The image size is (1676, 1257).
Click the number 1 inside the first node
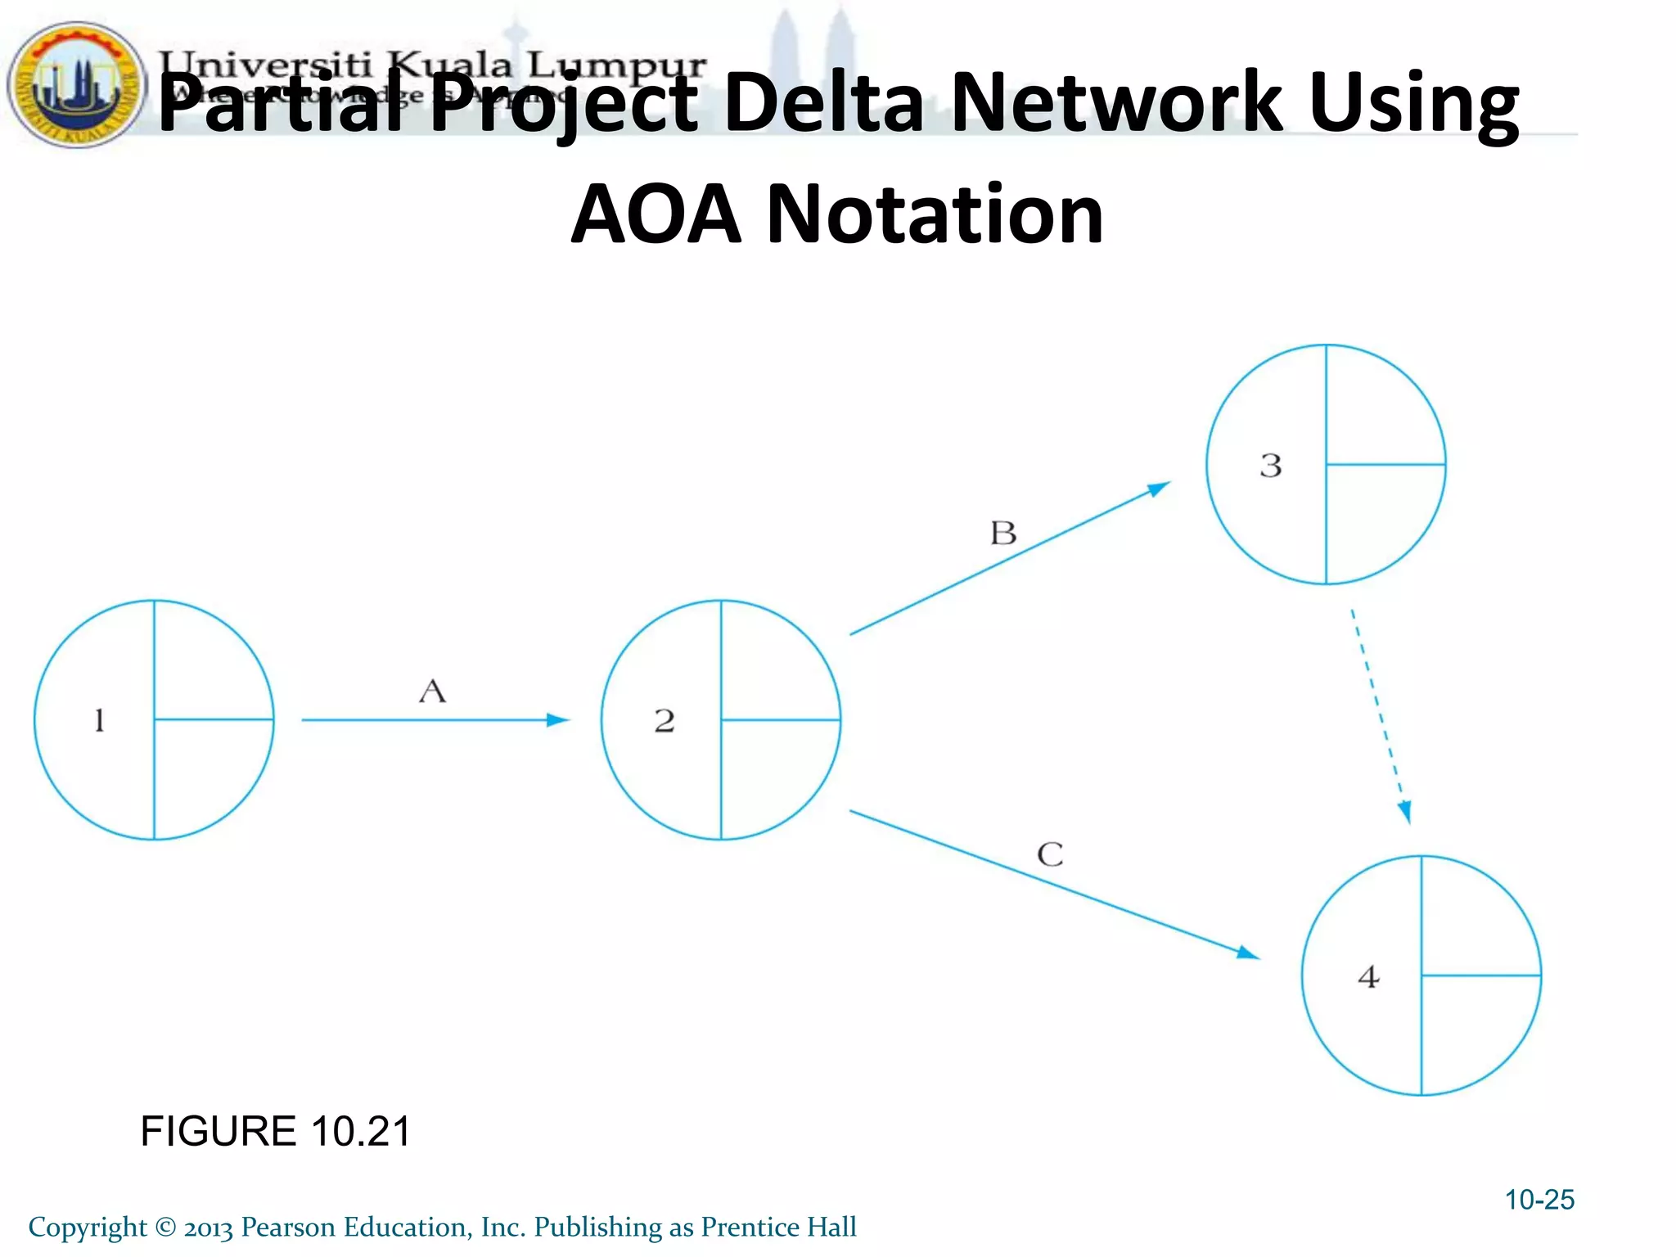(99, 720)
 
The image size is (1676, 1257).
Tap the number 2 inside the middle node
(665, 720)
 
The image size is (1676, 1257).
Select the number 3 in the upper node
(1270, 466)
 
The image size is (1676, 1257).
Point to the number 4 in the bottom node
(1368, 976)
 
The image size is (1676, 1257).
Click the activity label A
(432, 692)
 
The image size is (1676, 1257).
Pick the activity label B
(1003, 534)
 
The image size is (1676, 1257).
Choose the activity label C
(1050, 855)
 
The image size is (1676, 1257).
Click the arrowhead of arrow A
(559, 720)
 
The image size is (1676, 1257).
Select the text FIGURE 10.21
(275, 1132)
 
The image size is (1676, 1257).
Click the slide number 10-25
(1539, 1200)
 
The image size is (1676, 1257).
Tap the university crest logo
(76, 84)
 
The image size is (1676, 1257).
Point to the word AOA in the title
(656, 214)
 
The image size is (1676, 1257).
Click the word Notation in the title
(934, 214)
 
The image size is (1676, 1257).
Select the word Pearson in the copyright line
(289, 1228)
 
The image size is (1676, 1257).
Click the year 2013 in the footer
(208, 1228)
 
